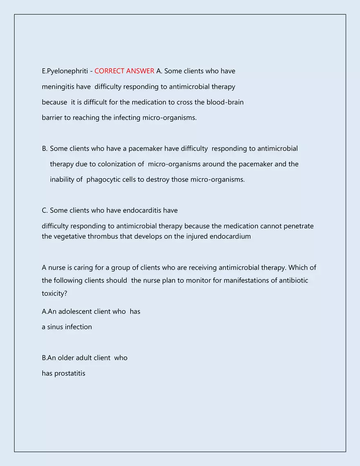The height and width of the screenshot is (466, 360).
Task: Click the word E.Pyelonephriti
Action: click(65, 71)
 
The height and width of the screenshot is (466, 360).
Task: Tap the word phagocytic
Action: click(103, 180)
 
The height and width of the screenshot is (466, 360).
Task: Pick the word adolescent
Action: click(75, 312)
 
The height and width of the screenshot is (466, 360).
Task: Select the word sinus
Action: click(56, 327)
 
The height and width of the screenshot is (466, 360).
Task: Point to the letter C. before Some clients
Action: click(45, 211)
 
